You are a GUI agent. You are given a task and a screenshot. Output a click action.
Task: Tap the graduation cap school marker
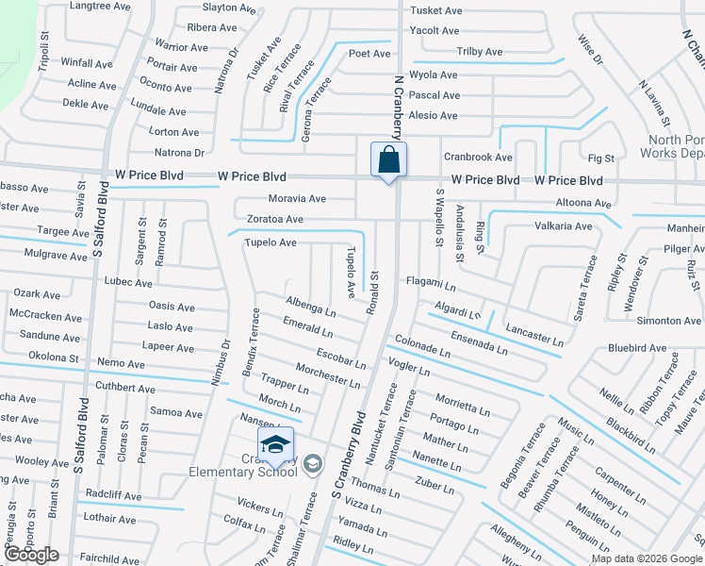[x=274, y=446]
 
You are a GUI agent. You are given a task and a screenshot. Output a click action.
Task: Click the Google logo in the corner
[x=31, y=555]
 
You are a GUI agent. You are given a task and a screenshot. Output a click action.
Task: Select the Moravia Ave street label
[x=297, y=199]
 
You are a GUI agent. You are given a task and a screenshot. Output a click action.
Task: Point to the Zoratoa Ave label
[x=274, y=219]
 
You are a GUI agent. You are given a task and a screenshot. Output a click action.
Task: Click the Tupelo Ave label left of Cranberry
[x=271, y=242]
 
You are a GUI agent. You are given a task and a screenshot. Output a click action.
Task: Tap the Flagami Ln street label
[x=431, y=282]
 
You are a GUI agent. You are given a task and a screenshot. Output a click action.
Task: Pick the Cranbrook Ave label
[x=478, y=158]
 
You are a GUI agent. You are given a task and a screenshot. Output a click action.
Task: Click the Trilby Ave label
[x=479, y=52]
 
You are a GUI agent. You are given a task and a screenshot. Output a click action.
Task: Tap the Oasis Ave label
[x=172, y=306]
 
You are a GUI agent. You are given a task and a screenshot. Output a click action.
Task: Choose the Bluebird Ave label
[x=638, y=347]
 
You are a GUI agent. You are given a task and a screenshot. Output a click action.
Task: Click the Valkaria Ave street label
[x=564, y=226]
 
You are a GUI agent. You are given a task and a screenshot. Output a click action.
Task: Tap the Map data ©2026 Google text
[x=646, y=558]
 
